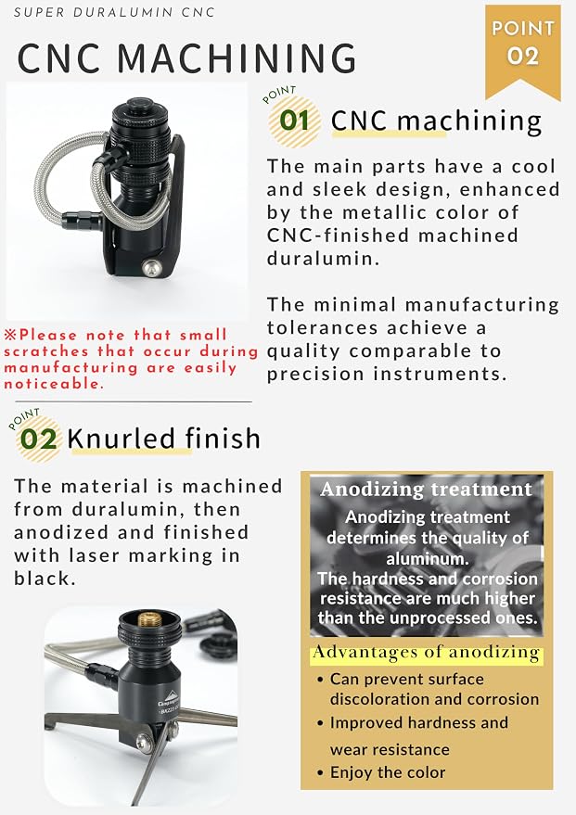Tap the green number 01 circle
pyautogui.click(x=294, y=121)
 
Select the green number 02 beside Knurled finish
pyautogui.click(x=38, y=439)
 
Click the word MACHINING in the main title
pyautogui.click(x=237, y=57)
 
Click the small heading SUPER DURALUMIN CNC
pyautogui.click(x=114, y=12)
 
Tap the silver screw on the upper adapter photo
pyautogui.click(x=151, y=268)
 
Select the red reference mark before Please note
pyautogui.click(x=10, y=334)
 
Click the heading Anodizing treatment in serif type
pyautogui.click(x=427, y=490)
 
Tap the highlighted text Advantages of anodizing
pyautogui.click(x=427, y=653)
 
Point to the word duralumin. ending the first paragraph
pyautogui.click(x=323, y=259)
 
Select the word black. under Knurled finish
pyautogui.click(x=45, y=578)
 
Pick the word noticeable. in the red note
pyautogui.click(x=54, y=384)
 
